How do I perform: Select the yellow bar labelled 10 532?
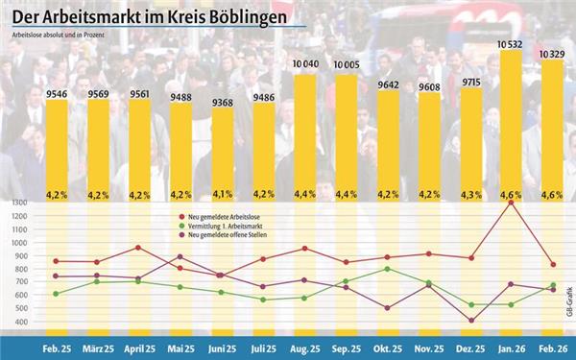(511, 125)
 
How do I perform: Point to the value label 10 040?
(305, 66)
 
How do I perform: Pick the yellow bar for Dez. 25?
(469, 144)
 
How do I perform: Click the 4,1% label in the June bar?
(222, 194)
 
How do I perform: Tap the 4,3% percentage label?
(469, 194)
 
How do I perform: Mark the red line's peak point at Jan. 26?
(511, 203)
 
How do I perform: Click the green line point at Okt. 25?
(387, 269)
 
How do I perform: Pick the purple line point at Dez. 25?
(469, 320)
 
